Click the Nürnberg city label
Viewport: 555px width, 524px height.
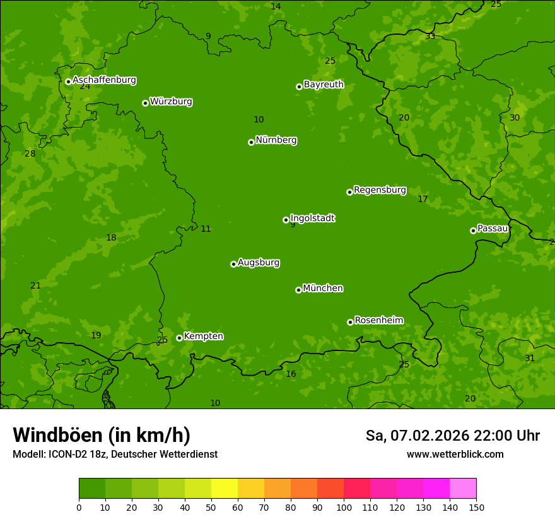click(276, 140)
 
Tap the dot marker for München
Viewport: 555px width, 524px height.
click(298, 290)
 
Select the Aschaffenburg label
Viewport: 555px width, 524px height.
click(104, 80)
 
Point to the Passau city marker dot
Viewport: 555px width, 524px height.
click(473, 230)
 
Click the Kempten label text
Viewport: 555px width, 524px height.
click(203, 336)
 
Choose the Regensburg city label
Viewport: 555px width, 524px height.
click(380, 190)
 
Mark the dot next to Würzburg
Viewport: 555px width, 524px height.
click(145, 103)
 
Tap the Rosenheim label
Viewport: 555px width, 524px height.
click(378, 321)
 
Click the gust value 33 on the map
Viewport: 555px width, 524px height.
click(429, 37)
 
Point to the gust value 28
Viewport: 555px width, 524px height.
click(30, 153)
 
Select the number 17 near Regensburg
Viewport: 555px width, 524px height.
click(423, 199)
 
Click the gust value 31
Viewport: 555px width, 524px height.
click(530, 358)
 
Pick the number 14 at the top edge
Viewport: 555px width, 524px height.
click(276, 6)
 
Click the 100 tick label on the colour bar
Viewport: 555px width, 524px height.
click(344, 507)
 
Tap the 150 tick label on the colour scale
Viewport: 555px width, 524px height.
click(476, 507)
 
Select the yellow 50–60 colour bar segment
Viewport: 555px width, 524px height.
click(225, 489)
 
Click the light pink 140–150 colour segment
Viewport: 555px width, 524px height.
click(463, 489)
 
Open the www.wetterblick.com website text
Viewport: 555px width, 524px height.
click(455, 454)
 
